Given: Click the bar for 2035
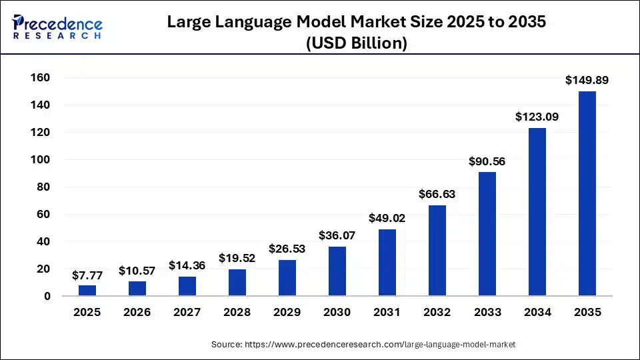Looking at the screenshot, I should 587,193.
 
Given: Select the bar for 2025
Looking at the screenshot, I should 87,291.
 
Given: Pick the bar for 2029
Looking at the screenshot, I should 287,278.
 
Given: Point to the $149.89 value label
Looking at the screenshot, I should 587,80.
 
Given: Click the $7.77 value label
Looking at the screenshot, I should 87,274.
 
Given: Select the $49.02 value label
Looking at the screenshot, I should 387,218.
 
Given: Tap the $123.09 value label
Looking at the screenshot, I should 537,117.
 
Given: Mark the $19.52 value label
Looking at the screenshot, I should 237,258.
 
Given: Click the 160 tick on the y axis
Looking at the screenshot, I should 41,78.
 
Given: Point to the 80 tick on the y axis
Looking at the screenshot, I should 44,187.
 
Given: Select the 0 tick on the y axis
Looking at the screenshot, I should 47,296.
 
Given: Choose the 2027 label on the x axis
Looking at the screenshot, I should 187,312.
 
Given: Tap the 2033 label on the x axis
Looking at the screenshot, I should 487,312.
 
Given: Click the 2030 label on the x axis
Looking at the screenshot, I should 337,312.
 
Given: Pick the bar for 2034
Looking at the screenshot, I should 537,212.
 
